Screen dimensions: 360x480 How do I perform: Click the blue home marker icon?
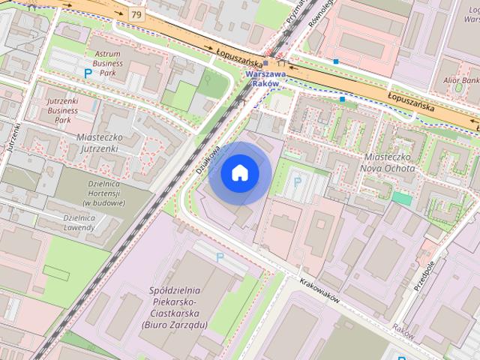pos(239,173)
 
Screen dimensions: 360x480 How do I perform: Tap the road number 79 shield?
pos(135,14)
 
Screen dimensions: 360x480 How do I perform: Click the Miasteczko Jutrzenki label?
pos(110,137)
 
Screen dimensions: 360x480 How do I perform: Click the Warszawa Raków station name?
pos(266,79)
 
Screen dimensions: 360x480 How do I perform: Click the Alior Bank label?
pos(460,79)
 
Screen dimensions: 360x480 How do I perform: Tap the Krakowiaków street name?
pos(319,288)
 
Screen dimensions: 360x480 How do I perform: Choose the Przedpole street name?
pos(424,276)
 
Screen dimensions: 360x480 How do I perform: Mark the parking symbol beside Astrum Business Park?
pos(88,73)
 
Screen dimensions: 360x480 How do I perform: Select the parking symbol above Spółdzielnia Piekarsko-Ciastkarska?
pos(220,256)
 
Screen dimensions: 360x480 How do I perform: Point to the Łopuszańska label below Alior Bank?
pos(412,101)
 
